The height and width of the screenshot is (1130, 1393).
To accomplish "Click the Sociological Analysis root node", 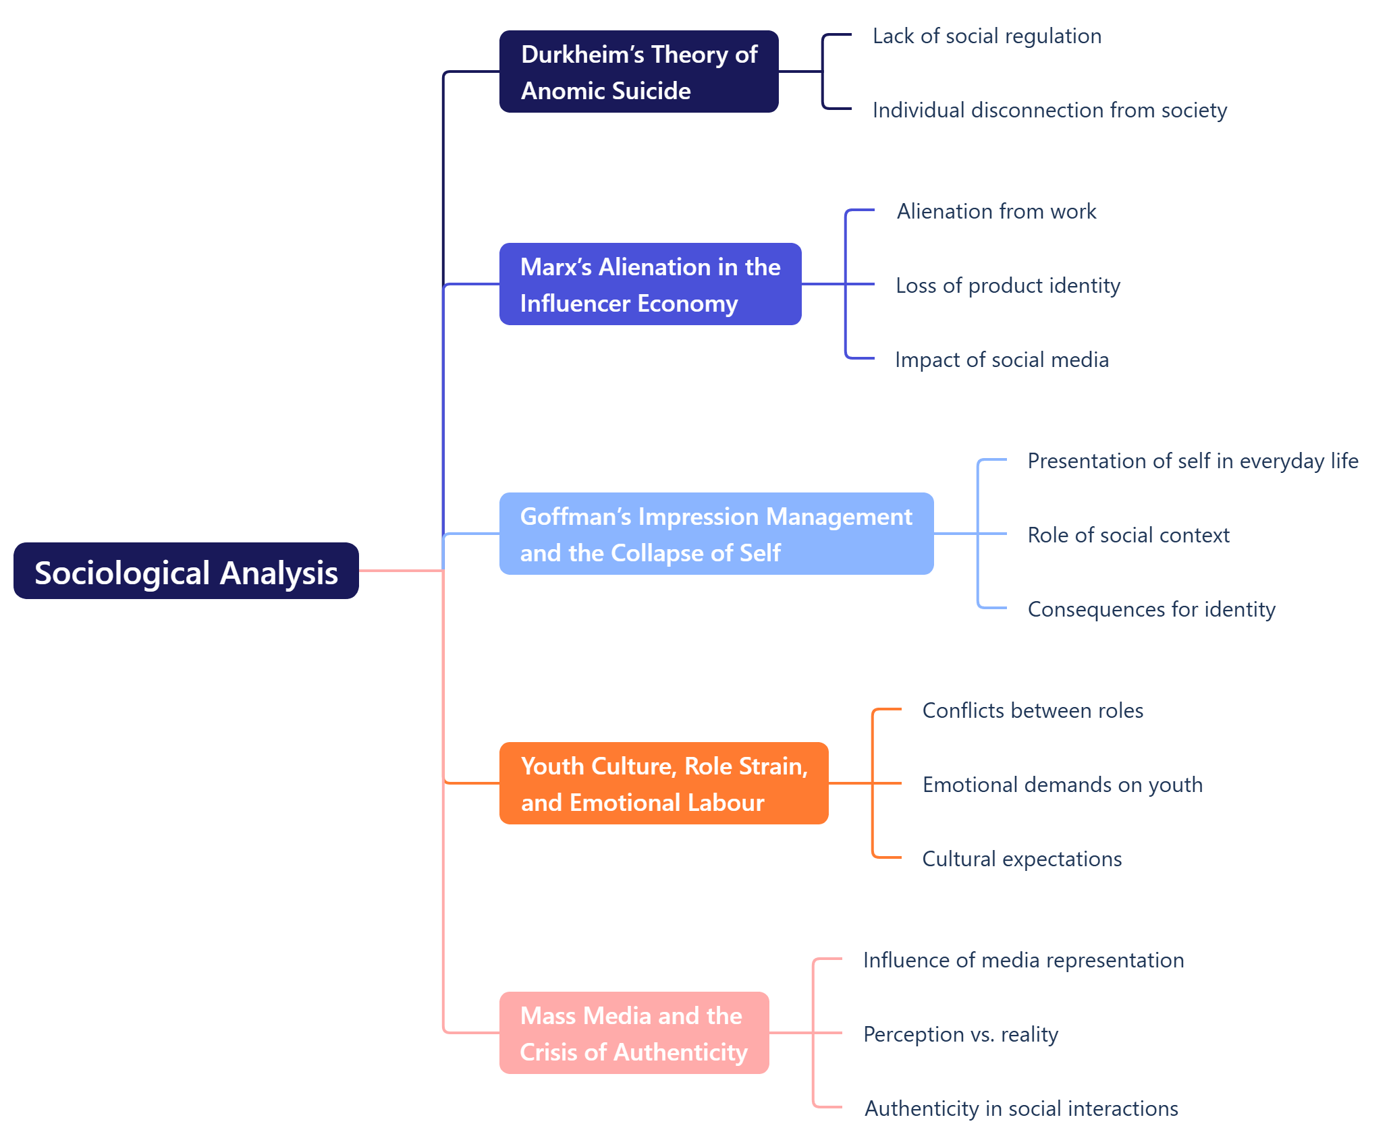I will (186, 571).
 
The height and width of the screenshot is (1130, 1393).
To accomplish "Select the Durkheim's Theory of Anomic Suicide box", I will (638, 72).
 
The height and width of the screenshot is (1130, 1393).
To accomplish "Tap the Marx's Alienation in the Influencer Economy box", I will (650, 284).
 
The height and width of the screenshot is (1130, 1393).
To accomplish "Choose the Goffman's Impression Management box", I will (716, 534).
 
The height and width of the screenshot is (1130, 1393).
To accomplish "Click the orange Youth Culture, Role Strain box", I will (663, 783).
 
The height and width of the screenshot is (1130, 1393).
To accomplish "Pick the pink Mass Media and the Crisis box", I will (634, 1033).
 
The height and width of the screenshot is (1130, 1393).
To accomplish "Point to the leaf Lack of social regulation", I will (987, 36).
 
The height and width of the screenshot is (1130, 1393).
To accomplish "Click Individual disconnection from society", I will (1049, 110).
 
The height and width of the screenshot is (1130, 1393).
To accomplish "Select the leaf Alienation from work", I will (996, 211).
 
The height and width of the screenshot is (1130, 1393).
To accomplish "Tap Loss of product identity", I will (1008, 285).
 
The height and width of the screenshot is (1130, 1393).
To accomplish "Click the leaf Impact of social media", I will (1002, 360).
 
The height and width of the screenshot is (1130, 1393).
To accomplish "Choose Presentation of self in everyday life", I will (1193, 461).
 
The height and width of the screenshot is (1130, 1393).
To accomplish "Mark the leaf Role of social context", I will (1128, 535).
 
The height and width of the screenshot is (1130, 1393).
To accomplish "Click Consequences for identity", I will (1151, 609).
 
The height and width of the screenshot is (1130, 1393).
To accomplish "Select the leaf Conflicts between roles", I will (1033, 710).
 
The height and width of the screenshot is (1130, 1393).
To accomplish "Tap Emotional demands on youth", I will (1062, 785).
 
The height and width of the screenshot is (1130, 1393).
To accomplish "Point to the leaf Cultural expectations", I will (1022, 859).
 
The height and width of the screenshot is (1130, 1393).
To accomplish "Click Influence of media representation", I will (1023, 960).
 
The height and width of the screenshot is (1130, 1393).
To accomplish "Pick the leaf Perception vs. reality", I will (960, 1034).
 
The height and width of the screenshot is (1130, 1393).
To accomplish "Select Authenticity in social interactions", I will (1021, 1108).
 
